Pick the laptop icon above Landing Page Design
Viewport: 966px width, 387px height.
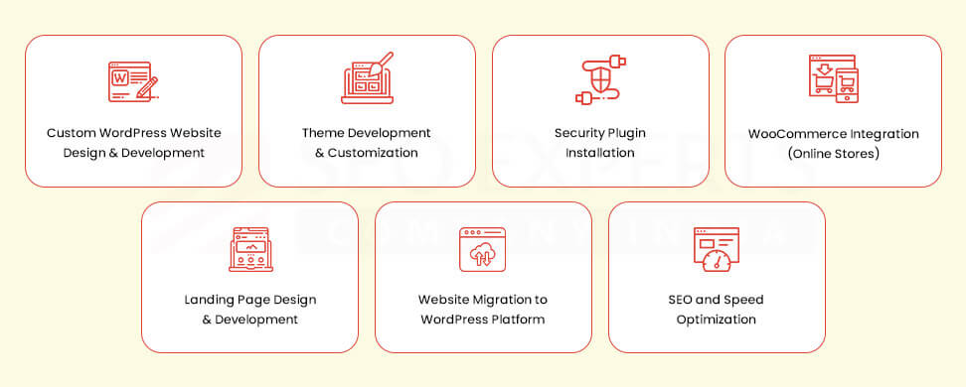click(x=250, y=249)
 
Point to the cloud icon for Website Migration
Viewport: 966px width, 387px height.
click(x=483, y=250)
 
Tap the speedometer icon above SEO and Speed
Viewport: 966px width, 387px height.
click(x=716, y=250)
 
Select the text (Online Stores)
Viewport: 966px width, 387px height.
click(x=833, y=155)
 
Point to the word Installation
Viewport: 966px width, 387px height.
click(x=600, y=153)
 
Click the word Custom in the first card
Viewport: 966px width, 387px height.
click(x=70, y=133)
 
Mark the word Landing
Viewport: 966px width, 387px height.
click(x=208, y=300)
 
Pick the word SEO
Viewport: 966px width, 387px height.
click(x=681, y=300)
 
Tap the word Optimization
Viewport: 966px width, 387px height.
click(x=716, y=320)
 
